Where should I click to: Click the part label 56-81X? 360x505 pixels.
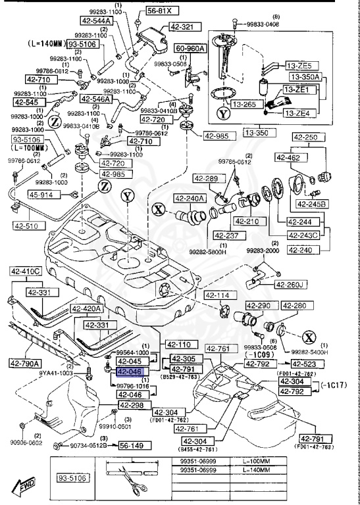click(x=159, y=11)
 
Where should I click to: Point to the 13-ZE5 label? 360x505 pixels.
click(x=301, y=66)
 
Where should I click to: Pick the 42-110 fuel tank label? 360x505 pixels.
click(x=178, y=344)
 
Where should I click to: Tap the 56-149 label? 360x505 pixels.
click(x=132, y=445)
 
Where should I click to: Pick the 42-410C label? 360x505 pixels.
click(x=25, y=270)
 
